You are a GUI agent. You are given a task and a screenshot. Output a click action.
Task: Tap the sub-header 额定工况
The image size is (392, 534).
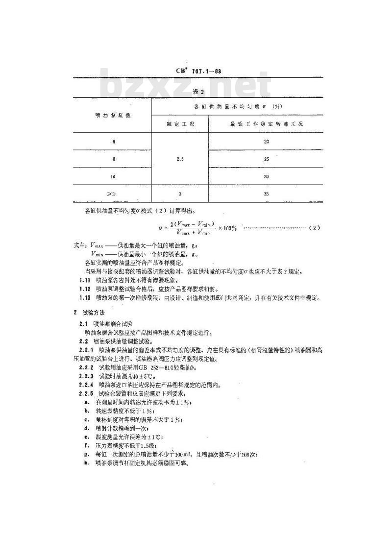[180, 123]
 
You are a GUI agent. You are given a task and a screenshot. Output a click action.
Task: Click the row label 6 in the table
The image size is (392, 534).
[114, 141]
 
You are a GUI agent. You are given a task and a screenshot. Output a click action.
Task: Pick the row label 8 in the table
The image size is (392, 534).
[114, 159]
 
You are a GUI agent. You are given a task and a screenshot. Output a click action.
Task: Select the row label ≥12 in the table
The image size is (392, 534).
[113, 194]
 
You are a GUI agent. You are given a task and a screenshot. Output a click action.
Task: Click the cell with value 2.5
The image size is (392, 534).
[180, 159]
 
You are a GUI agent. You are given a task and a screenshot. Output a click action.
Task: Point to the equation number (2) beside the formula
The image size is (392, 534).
[315, 228]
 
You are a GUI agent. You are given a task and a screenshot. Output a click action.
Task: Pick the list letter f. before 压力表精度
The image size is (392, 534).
[86, 446]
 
